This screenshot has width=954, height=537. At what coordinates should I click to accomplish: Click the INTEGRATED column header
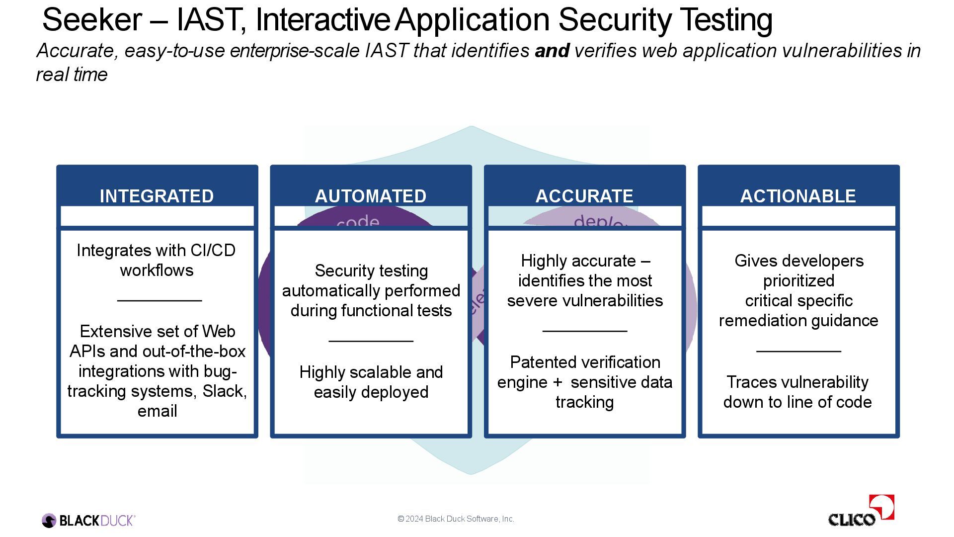click(157, 196)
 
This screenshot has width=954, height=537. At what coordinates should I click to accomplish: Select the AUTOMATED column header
click(371, 196)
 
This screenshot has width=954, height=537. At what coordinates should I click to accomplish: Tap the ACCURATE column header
click(584, 196)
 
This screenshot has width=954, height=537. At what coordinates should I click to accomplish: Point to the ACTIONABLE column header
click(798, 196)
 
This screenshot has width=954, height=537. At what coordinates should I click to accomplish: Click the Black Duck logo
click(88, 521)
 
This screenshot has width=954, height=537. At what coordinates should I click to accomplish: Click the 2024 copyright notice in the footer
click(456, 519)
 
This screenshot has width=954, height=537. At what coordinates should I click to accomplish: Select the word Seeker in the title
click(92, 20)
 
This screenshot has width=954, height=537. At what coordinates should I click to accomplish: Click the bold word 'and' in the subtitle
click(552, 51)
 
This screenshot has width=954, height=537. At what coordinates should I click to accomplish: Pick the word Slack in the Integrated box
click(224, 391)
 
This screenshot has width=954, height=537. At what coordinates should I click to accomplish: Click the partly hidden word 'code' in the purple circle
click(358, 221)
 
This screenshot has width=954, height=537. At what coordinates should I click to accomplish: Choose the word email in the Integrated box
click(157, 411)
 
